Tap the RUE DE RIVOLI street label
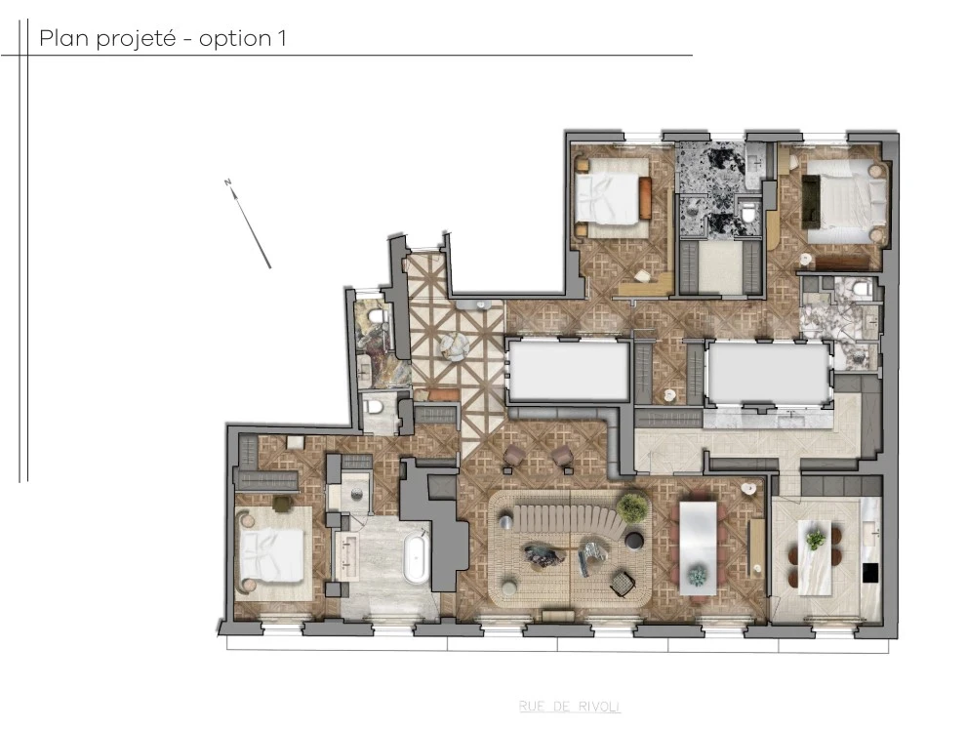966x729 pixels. (x=570, y=707)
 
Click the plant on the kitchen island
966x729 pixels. (x=815, y=536)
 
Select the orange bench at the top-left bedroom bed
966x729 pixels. (x=644, y=197)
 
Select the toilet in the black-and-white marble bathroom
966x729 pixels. (x=746, y=212)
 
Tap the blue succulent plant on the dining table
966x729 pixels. (x=697, y=576)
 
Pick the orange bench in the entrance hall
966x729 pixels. (x=444, y=395)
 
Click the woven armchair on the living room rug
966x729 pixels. (x=621, y=583)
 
